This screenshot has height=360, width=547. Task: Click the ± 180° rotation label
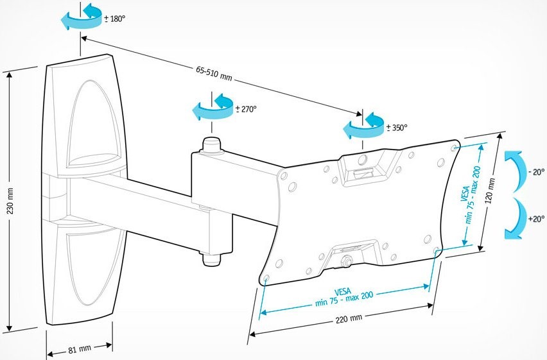click(x=114, y=19)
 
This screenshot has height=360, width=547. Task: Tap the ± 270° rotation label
click(x=246, y=109)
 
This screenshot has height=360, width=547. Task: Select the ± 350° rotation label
click(x=397, y=128)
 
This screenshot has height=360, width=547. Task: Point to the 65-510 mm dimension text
click(x=214, y=73)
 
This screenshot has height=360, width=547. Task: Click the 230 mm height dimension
click(x=10, y=201)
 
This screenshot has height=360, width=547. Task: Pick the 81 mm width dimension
click(x=79, y=349)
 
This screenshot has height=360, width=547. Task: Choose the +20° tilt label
click(x=536, y=219)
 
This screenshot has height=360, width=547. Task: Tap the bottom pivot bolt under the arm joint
click(x=211, y=259)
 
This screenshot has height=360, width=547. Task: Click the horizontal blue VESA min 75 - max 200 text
click(x=344, y=297)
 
